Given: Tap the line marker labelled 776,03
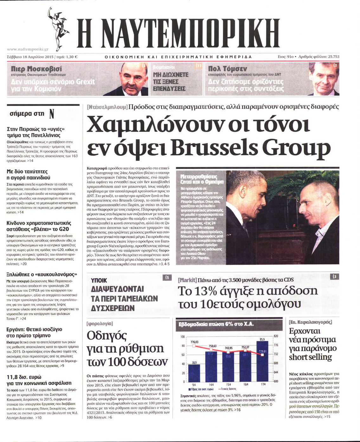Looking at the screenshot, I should click(194, 346).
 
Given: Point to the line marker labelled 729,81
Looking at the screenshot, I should click(262, 355).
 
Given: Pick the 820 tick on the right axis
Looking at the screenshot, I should click(276, 336).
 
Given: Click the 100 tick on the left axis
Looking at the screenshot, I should click(183, 337).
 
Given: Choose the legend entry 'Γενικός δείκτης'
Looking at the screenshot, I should click(227, 389).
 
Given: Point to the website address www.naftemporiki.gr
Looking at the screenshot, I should click(28, 49).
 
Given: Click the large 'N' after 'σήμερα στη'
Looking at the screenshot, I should click(52, 114).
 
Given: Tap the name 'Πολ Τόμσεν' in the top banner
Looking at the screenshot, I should click(227, 68).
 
